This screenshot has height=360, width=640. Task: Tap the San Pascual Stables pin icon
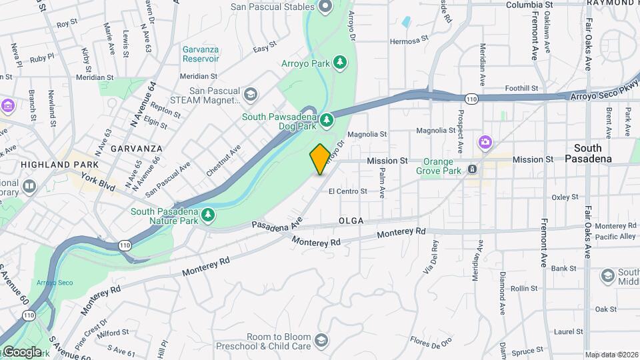(326, 7)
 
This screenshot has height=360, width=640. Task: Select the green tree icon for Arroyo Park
(341, 62)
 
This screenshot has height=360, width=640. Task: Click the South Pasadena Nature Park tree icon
(209, 214)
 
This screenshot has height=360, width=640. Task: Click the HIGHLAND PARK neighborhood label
(59, 164)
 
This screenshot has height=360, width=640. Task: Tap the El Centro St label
(347, 191)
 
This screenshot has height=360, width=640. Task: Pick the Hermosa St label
(409, 41)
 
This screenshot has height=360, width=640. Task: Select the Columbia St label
(529, 5)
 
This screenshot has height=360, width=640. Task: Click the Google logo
(22, 351)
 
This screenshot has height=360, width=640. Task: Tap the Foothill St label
(521, 88)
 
